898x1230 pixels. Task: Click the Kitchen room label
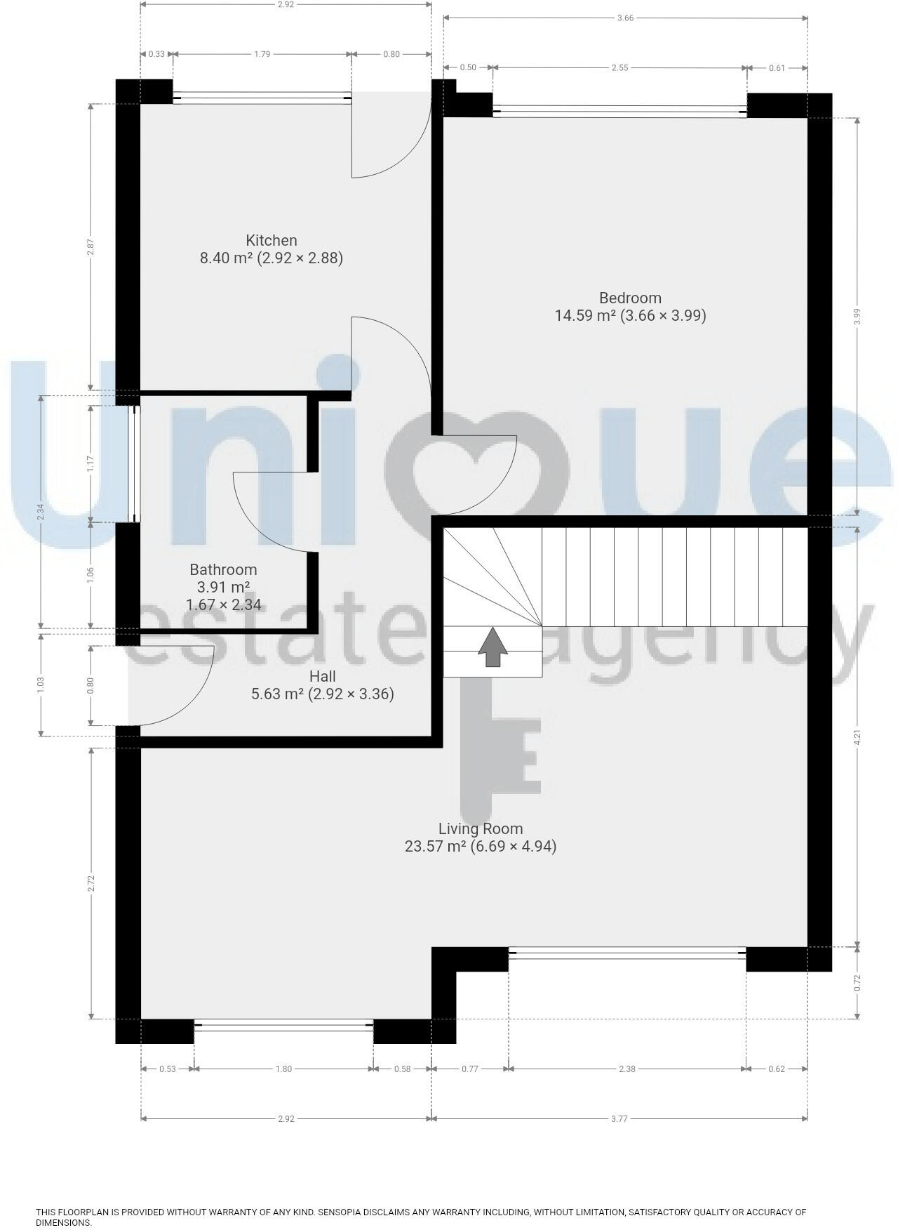click(x=271, y=240)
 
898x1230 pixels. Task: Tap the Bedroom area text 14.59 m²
click(x=585, y=315)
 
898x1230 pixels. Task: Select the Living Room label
click(x=480, y=828)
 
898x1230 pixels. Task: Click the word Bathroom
click(x=223, y=569)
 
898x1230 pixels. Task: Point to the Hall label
click(x=322, y=676)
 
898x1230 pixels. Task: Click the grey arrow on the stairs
click(x=493, y=647)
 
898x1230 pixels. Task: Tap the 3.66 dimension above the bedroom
click(x=625, y=18)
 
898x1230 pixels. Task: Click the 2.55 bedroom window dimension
click(x=619, y=68)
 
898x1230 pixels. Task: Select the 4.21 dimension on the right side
click(x=857, y=737)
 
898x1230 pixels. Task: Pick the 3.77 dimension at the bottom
click(x=619, y=1118)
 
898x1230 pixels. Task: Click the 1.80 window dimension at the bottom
click(x=283, y=1069)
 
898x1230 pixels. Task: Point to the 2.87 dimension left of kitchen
click(x=91, y=248)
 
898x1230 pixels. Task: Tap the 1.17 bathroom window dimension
click(x=91, y=464)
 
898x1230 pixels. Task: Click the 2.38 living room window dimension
click(x=626, y=1069)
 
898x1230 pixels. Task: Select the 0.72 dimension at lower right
click(x=857, y=983)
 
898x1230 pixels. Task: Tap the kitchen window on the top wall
click(x=262, y=98)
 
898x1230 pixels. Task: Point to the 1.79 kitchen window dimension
click(x=262, y=54)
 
